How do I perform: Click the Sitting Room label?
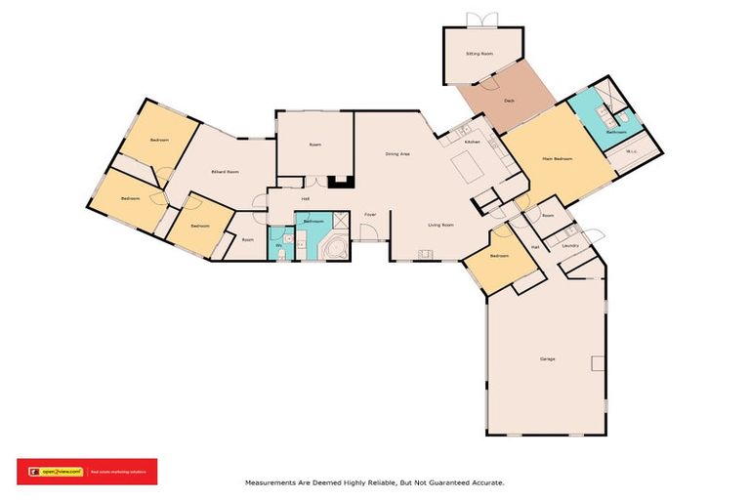pyautogui.click(x=479, y=55)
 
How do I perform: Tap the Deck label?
pyautogui.click(x=509, y=101)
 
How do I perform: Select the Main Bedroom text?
pyautogui.click(x=558, y=158)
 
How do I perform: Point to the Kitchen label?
pyautogui.click(x=472, y=143)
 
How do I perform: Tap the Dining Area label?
pyautogui.click(x=396, y=153)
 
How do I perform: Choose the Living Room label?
pyautogui.click(x=440, y=225)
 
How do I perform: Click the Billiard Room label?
pyautogui.click(x=226, y=171)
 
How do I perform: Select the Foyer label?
pyautogui.click(x=370, y=214)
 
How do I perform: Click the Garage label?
pyautogui.click(x=547, y=358)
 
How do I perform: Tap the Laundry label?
pyautogui.click(x=570, y=246)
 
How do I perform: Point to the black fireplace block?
pyautogui.click(x=340, y=181)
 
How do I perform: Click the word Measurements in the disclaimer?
pyautogui.click(x=272, y=481)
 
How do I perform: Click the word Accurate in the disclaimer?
pyautogui.click(x=484, y=481)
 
